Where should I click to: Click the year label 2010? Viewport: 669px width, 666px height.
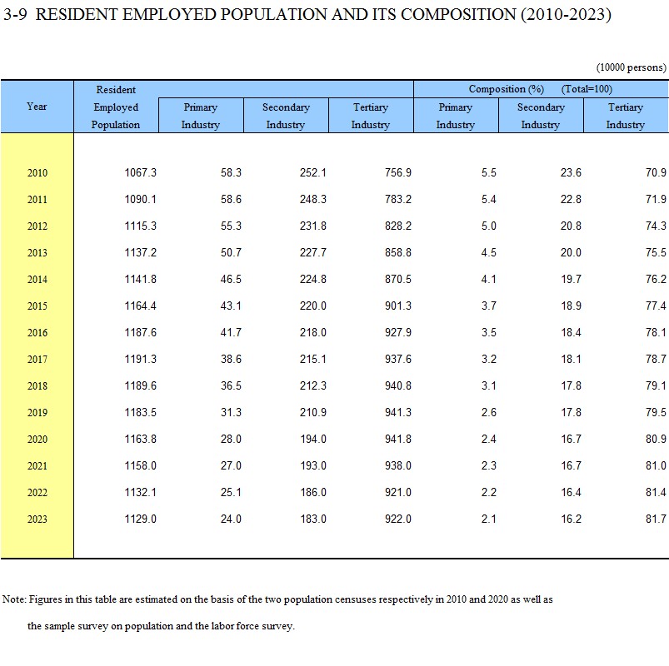click(37, 172)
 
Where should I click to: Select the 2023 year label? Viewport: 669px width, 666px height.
click(37, 519)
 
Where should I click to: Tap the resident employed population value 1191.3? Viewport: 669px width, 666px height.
click(140, 359)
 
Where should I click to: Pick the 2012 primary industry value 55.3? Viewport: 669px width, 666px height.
click(231, 226)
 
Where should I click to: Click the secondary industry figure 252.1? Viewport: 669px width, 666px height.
click(312, 172)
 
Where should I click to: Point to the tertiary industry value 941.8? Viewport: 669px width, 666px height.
click(398, 440)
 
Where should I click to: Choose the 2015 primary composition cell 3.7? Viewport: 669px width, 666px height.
click(488, 306)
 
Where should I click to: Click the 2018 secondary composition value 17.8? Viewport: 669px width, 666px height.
click(571, 386)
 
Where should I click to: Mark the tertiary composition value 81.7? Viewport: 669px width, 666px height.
click(656, 519)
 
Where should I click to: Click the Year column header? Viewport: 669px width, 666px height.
click(37, 107)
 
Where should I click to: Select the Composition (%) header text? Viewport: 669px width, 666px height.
click(506, 89)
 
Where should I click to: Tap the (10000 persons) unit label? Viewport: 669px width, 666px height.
click(631, 67)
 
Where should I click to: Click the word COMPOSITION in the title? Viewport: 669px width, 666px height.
click(458, 15)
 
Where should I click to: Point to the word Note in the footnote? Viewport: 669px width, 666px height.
click(14, 599)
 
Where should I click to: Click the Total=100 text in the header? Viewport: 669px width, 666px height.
click(587, 89)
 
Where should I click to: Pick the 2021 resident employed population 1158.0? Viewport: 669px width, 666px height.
click(140, 465)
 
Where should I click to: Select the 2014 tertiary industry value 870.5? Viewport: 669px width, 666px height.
click(398, 279)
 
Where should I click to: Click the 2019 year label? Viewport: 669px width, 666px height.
click(37, 412)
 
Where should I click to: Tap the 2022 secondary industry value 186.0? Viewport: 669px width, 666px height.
click(312, 493)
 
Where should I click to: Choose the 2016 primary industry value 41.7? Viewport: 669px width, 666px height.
click(231, 332)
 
